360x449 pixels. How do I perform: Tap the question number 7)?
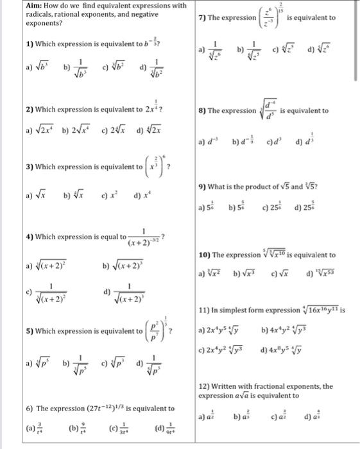[206, 17]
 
